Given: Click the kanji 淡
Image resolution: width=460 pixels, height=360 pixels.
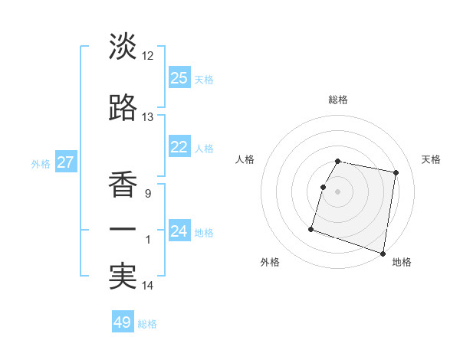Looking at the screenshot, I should coord(123,47).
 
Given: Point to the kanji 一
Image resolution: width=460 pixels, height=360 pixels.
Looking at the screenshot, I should coord(123,230).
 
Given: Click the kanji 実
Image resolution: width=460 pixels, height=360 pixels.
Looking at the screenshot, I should coord(123,277).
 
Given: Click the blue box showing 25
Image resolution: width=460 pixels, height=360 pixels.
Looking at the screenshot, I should coord(179,78).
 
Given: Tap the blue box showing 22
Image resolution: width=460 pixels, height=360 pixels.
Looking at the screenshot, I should coord(179,148).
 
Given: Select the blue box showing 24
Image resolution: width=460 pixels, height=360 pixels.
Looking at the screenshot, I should coord(179,231).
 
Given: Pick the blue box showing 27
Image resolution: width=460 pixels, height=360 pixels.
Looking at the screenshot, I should coord(65,162).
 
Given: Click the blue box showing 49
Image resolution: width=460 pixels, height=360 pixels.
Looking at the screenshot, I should coord(123,322).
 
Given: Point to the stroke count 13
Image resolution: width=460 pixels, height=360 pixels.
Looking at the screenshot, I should coord(147,117).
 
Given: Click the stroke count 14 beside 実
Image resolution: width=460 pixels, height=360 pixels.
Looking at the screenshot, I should coord(147,286).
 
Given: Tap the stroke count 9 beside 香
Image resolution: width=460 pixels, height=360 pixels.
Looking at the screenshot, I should coord(147,194).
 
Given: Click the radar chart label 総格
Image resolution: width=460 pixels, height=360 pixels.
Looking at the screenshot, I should coord(338,100).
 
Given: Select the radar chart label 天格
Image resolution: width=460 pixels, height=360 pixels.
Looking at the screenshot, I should coord(431,159).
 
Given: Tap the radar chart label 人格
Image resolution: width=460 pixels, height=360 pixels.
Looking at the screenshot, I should coord(245,159).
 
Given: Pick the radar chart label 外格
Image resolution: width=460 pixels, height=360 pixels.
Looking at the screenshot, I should coord(270,262).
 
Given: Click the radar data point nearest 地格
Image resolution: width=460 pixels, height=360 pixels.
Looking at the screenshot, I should coord(383,254).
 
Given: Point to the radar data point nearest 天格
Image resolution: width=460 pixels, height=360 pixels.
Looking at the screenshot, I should coord(396,174).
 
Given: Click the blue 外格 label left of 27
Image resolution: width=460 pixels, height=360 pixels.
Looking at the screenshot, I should coord(40,163).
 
